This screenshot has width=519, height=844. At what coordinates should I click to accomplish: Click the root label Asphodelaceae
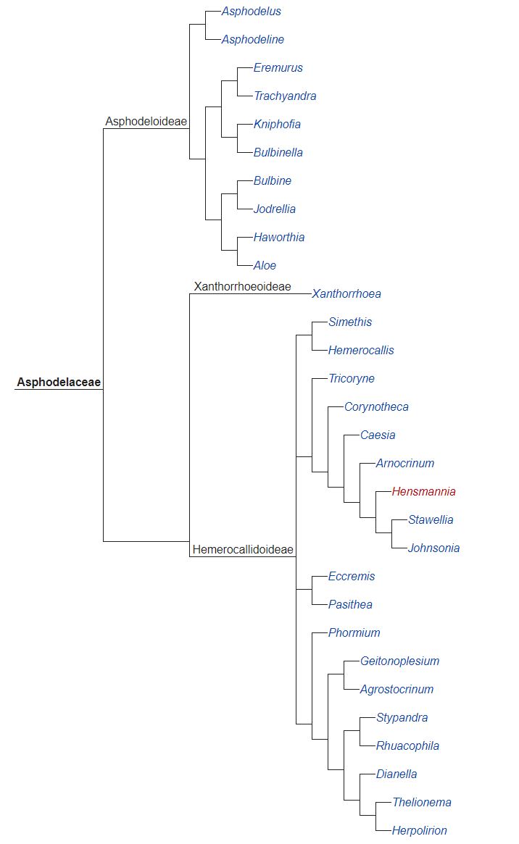point(59,382)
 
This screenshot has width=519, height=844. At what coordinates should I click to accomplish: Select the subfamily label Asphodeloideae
point(146,121)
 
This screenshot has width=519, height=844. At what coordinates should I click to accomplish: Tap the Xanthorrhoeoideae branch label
point(242,287)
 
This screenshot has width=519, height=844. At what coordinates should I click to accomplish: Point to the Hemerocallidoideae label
point(243,550)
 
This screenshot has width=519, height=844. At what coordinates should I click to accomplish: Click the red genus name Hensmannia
point(423,491)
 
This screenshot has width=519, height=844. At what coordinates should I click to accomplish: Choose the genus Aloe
point(265,265)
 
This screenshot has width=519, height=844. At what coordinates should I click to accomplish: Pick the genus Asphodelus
point(251,12)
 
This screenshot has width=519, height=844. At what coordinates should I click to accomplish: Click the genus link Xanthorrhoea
point(346,294)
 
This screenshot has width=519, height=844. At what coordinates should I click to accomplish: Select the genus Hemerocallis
point(361,350)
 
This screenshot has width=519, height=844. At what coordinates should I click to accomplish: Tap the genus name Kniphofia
point(277,124)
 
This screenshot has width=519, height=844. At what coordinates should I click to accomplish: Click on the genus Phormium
point(354,632)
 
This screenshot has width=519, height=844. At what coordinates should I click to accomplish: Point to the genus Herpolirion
point(419,830)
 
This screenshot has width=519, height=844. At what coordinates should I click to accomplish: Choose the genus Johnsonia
point(433,548)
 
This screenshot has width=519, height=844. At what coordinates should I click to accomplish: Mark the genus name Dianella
point(396,774)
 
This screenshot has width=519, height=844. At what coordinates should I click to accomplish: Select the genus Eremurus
point(278,67)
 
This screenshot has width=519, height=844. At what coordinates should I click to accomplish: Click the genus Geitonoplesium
point(399,661)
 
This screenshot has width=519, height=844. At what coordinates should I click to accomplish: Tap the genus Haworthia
point(279,237)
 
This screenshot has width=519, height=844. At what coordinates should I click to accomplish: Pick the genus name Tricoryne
point(351,378)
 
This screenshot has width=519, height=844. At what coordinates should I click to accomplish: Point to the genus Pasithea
point(350,604)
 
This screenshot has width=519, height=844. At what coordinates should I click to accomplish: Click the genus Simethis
point(349,322)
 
